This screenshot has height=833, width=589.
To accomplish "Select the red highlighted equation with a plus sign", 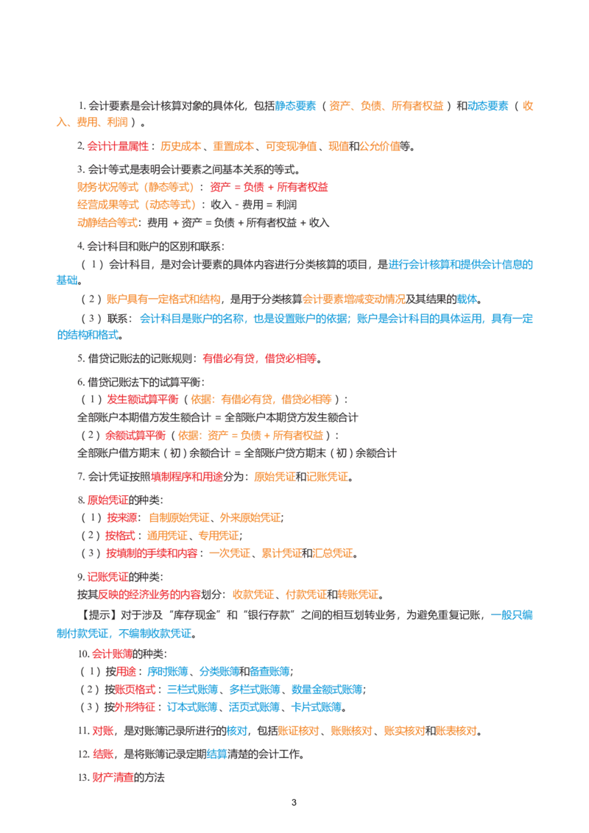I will click(x=267, y=187).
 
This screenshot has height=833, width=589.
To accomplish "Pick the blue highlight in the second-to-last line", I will click(x=216, y=754).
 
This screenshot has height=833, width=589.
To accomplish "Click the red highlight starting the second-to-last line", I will click(x=103, y=754).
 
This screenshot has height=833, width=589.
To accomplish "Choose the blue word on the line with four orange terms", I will click(x=236, y=731).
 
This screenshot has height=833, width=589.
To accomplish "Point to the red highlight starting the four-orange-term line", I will click(x=102, y=731).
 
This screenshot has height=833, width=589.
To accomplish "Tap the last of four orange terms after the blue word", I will click(x=456, y=731).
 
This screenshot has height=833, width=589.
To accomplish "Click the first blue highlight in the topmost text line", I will click(x=297, y=105).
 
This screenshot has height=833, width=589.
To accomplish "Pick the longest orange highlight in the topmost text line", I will click(x=417, y=105).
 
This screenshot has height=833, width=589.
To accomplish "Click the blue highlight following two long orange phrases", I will click(x=467, y=299).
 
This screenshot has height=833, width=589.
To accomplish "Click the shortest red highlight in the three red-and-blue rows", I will click(x=127, y=670).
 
